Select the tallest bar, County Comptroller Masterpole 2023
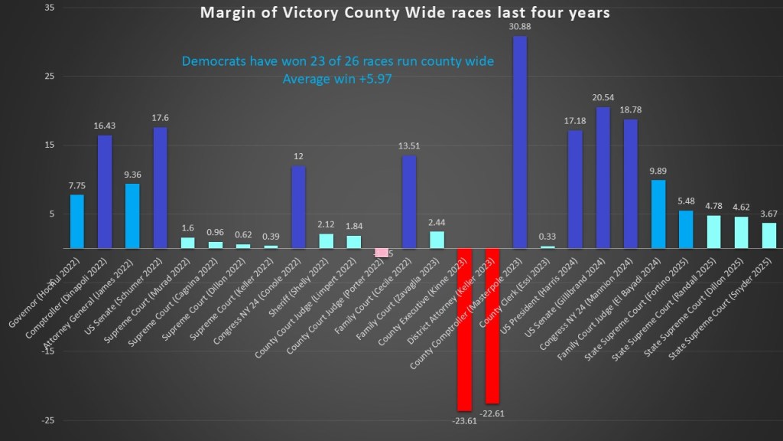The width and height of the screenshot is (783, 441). coord(520,142)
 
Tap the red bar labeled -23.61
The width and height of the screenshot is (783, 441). coord(464,329)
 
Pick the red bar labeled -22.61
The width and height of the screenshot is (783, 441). coord(492,325)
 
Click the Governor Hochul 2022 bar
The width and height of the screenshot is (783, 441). coord(76,221)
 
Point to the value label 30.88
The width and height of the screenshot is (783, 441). coord(519,27)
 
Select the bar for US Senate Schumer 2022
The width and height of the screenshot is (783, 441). coord(160,188)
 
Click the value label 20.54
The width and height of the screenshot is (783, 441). coord(603,98)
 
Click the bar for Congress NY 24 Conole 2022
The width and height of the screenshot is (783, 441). coord(298,207)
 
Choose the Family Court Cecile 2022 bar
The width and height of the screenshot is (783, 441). coord(409,202)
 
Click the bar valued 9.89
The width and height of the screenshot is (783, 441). coord(658,214)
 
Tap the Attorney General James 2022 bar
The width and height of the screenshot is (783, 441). coord(132,216)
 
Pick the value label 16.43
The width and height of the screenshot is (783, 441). coord(105,126)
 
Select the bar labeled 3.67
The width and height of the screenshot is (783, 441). coord(768,235)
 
